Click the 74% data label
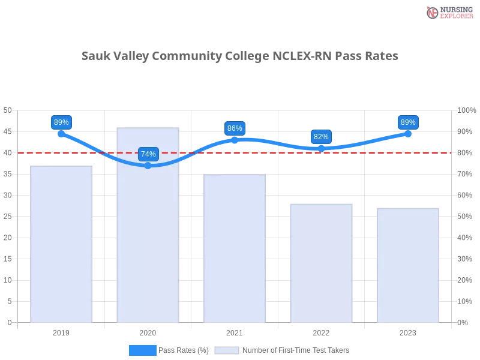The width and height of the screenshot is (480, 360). point(148,154)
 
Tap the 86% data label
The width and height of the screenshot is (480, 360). point(235,128)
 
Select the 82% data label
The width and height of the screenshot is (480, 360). point(321,137)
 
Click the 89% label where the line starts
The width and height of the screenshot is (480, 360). point(61,122)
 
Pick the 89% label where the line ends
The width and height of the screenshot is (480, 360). point(408,122)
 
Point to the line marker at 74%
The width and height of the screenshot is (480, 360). point(148,165)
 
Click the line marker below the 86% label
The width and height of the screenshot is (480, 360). point(235,139)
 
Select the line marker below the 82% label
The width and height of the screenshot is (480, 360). point(322,148)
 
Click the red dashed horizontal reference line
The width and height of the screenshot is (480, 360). point(270,152)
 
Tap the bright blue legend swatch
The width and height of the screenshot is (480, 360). point(142,350)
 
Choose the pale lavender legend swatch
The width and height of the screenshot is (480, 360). point(227,350)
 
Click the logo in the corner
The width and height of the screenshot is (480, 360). point(448,12)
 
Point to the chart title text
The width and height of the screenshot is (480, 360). point(240,57)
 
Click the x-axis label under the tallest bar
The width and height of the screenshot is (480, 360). point(149,331)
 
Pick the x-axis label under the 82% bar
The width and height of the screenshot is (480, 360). point(322,331)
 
